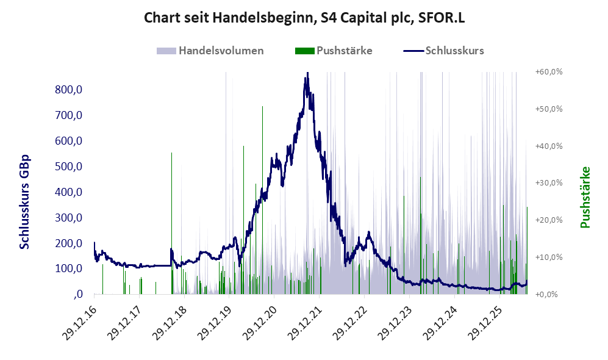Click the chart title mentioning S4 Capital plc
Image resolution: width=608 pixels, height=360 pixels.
304,18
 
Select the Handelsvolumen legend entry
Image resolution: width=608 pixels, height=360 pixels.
210,51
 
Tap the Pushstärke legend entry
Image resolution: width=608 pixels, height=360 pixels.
334,51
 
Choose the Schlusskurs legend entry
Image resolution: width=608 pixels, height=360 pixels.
443,51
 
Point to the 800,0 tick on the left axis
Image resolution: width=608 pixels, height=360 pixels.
69,90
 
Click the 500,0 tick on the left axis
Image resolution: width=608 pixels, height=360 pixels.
69,167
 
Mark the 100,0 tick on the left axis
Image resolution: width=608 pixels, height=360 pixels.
69,268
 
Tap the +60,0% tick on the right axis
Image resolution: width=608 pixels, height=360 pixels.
549,72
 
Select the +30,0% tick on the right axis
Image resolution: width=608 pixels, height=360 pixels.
549,182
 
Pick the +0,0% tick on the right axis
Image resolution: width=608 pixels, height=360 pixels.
546,294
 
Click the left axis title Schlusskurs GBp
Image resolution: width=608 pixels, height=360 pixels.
24,202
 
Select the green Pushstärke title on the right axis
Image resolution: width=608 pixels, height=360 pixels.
585,198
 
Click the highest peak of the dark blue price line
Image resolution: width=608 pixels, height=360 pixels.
307,73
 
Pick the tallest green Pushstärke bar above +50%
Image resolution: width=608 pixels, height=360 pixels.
262,200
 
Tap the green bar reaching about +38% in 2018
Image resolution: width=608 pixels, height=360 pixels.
172,223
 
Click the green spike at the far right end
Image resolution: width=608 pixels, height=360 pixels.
527,251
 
